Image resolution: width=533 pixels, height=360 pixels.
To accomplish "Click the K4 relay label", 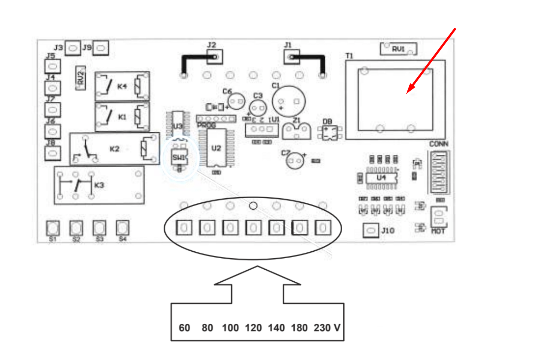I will click(122, 86).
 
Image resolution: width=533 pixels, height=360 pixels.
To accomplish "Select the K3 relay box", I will click(99, 185).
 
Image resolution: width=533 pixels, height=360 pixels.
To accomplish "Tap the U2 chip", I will click(216, 148).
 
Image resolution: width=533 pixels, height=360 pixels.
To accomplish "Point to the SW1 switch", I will click(179, 157).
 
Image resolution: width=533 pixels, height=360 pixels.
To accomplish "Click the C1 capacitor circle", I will click(288, 102).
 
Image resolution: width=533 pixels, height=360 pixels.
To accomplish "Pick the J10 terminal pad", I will click(370, 230).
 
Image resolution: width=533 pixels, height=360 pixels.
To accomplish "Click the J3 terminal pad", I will click(72, 48).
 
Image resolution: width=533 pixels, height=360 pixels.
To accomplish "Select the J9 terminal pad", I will click(101, 48).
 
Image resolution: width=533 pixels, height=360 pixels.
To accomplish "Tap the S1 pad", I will click(53, 228).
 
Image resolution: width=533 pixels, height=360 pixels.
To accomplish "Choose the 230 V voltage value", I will click(327, 327).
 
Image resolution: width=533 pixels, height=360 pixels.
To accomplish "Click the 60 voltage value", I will click(184, 327).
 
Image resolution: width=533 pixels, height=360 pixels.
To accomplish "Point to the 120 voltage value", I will click(253, 327).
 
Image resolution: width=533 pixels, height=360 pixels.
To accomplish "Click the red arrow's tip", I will click(408, 92).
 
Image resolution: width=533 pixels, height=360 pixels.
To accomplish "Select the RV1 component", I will click(398, 49).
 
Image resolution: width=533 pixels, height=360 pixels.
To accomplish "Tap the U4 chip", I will click(381, 178).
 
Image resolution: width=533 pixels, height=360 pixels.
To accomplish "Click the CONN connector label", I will click(439, 144).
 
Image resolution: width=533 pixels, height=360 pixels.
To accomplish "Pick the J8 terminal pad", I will click(52, 153).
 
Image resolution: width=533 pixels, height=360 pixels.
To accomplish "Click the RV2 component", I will click(81, 78).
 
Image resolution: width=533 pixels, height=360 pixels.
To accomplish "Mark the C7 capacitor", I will click(295, 161).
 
